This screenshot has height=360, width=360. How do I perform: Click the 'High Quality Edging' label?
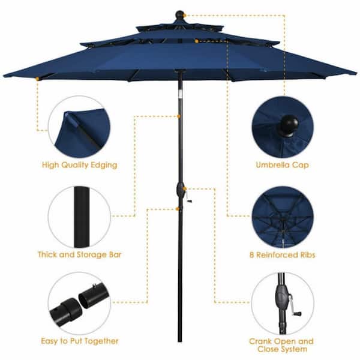click(x=79, y=164)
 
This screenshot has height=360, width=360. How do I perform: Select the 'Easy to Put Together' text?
click(x=79, y=341)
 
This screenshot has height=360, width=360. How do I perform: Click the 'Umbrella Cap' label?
click(x=282, y=164)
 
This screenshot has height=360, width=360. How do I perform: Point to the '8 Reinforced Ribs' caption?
click(x=282, y=255)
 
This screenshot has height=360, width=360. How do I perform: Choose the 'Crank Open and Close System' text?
click(x=281, y=345)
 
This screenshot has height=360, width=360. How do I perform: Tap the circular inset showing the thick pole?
click(x=79, y=217)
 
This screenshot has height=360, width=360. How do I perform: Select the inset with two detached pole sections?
click(x=79, y=304)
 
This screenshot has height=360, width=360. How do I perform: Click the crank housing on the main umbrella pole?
click(x=179, y=191)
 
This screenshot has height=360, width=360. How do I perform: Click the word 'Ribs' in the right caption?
click(x=305, y=255)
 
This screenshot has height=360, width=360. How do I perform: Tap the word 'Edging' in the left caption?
click(x=104, y=164)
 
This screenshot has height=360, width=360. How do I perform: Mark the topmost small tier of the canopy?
click(x=179, y=26)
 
